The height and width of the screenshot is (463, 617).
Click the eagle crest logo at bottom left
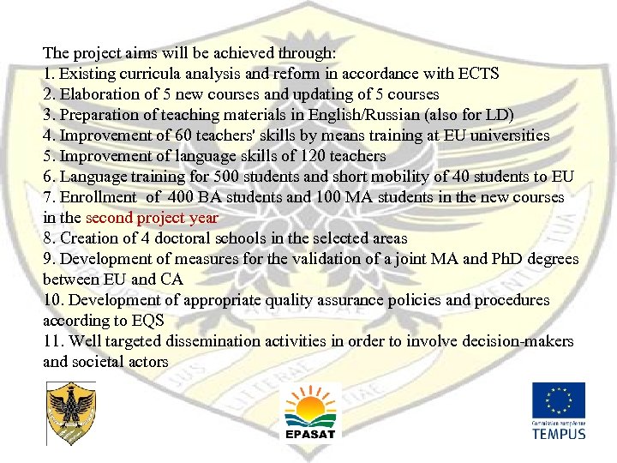tap(70, 412)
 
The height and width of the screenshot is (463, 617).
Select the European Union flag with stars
tap(558, 400)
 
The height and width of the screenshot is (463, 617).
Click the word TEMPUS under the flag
tap(558, 433)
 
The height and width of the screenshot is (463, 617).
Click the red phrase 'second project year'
tap(152, 218)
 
